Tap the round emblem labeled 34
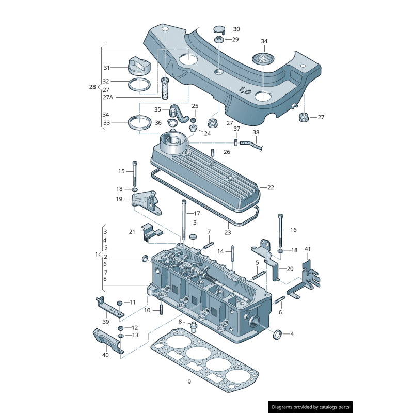(x=263, y=58)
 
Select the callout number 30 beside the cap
(x=236, y=29)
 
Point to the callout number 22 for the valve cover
(x=271, y=187)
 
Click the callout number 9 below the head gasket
(x=189, y=382)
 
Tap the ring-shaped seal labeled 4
(x=278, y=334)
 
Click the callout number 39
(x=105, y=322)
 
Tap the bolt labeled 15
(x=135, y=173)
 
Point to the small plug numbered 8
(x=194, y=325)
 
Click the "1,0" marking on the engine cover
(x=245, y=91)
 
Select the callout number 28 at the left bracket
(x=92, y=87)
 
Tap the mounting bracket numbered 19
(x=145, y=202)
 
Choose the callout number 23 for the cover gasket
(x=227, y=232)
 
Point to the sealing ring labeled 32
(x=139, y=85)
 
